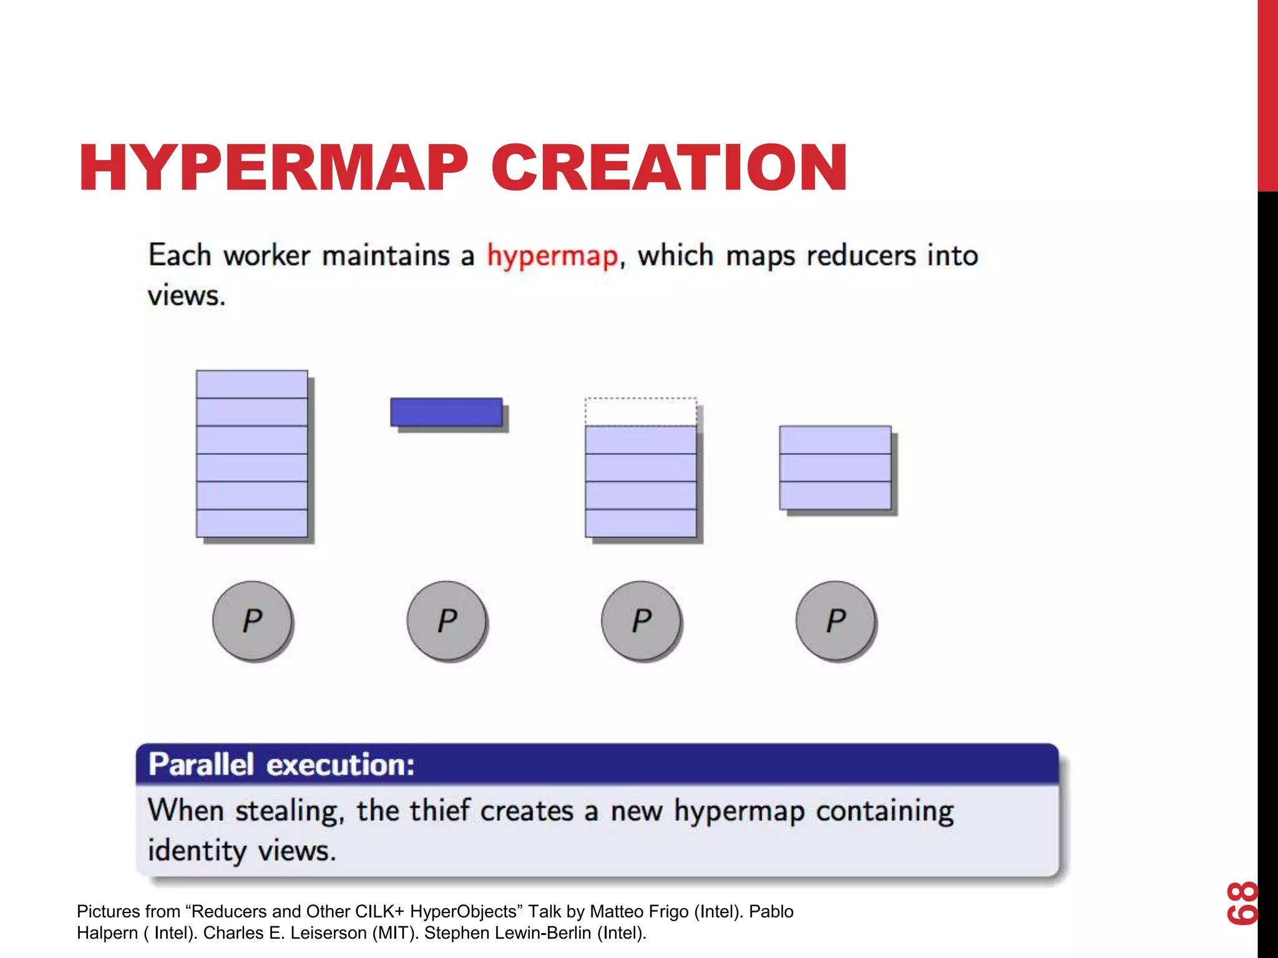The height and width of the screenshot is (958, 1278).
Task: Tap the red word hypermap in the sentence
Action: point(552,256)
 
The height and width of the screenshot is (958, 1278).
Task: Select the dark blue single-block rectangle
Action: point(446,412)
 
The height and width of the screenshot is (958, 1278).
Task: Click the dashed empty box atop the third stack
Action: point(640,412)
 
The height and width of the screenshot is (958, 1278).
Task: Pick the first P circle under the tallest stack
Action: point(252,621)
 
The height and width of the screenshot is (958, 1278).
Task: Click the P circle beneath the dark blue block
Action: point(447,621)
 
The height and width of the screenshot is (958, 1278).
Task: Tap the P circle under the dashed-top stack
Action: point(641,621)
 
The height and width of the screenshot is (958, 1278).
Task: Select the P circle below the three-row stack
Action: point(836,621)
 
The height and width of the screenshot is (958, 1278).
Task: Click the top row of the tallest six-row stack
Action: point(251,384)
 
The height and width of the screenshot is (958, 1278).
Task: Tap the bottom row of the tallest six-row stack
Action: point(251,523)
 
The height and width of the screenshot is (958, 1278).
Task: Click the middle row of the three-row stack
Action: point(835,468)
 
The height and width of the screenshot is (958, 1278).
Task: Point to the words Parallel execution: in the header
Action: point(281,765)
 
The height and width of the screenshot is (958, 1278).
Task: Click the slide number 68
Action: point(1242,902)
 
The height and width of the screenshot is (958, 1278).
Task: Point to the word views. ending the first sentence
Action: point(186,296)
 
